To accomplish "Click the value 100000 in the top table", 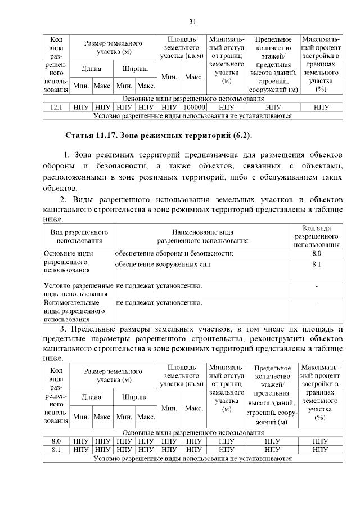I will (x=194, y=106).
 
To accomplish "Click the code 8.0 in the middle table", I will (x=316, y=254).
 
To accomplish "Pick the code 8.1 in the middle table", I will (x=316, y=264).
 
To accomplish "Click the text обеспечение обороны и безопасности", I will (x=174, y=254).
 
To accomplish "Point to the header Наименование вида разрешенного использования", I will (x=203, y=236).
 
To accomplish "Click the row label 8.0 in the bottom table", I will (x=56, y=441).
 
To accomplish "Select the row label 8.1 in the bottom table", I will (x=56, y=450).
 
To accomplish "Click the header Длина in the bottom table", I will (x=92, y=397).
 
